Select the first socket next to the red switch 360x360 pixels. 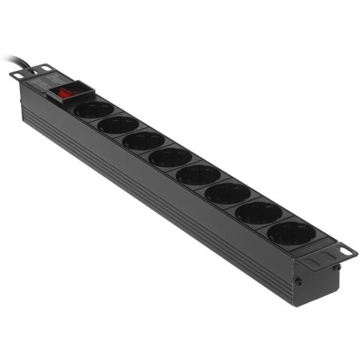[x=93, y=110]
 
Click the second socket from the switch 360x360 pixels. [x=119, y=125]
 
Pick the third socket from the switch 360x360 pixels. [x=143, y=141]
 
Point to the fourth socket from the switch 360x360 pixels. [x=169, y=157]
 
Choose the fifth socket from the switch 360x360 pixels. [x=198, y=174]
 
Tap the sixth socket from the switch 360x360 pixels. [x=228, y=193]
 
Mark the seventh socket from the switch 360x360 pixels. [x=258, y=212]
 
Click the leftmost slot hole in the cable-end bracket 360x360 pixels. [x=17, y=73]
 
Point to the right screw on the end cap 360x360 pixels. [x=338, y=268]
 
